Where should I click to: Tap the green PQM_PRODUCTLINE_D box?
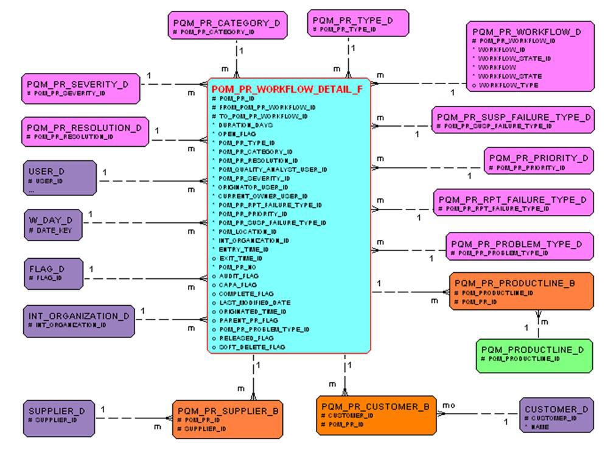[x=534, y=355]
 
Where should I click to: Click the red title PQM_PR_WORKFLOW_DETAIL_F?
[x=287, y=89]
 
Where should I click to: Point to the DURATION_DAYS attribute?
[x=246, y=125]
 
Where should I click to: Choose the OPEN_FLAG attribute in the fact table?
[x=238, y=134]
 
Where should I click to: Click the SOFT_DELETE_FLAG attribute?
[x=251, y=347]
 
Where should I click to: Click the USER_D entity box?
[x=60, y=177]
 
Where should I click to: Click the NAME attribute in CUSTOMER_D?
[x=539, y=427]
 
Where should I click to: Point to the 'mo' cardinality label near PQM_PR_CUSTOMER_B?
[x=449, y=405]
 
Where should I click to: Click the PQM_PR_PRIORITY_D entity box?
[x=538, y=161]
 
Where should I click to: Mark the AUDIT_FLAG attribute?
[x=238, y=276]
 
